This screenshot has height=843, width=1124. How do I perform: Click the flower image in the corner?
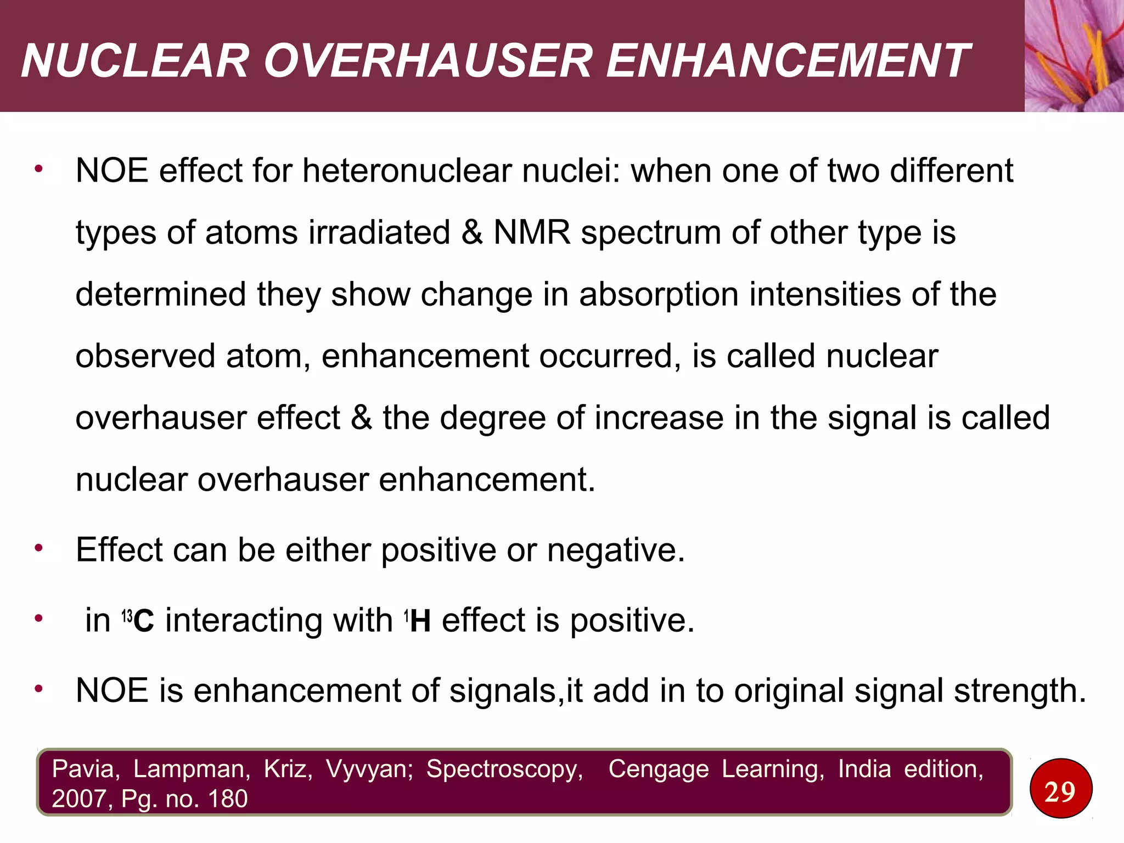click(1074, 55)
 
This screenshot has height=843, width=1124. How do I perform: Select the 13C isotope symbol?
click(138, 621)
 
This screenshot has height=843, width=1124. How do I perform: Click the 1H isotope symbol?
click(418, 621)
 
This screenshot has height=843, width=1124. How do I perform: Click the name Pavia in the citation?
click(86, 769)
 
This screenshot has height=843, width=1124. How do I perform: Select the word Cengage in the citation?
click(658, 769)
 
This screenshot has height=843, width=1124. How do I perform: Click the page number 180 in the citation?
click(227, 799)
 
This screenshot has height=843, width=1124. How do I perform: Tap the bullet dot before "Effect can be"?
click(38, 548)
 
